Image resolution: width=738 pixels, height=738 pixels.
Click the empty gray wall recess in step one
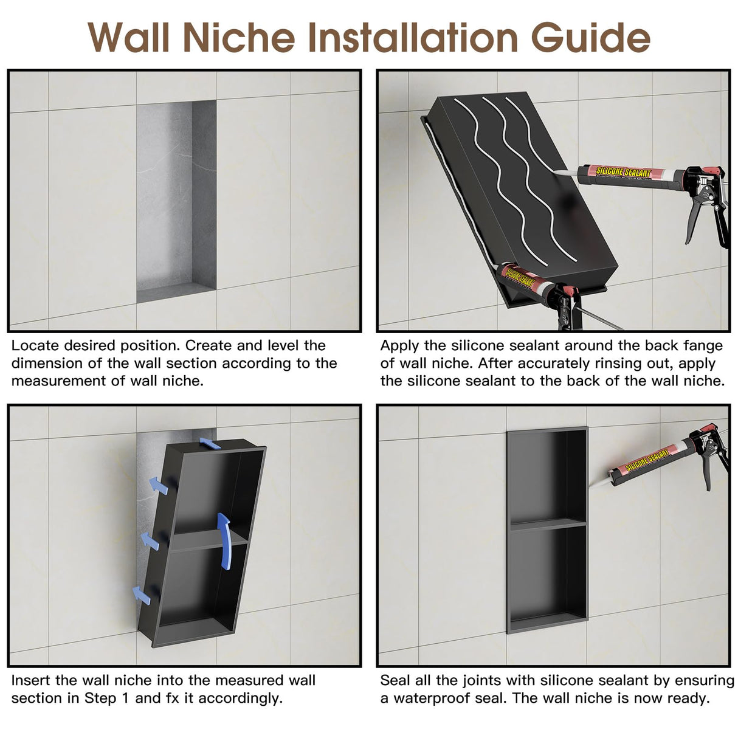point(176,201)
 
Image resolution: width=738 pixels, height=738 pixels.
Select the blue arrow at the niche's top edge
point(210,443)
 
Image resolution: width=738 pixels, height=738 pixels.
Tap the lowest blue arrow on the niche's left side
point(141,595)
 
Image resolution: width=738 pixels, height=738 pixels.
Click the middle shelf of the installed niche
point(547,525)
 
